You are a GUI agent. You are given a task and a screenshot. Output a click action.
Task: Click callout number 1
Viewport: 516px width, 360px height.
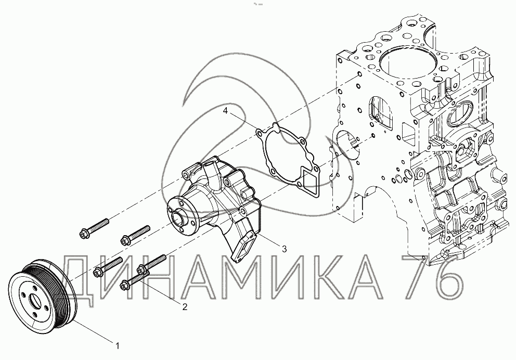click(x=117, y=345)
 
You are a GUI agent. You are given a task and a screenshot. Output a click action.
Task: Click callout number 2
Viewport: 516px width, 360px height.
click(x=185, y=307)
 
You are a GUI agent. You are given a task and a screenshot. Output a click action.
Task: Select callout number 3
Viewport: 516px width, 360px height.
click(x=285, y=249)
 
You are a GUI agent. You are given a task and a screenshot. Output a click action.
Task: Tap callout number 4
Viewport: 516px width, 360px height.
click(x=225, y=111)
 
